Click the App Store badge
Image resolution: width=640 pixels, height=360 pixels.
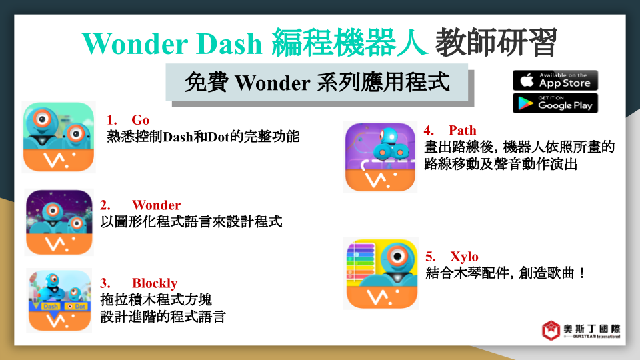coord(555,81)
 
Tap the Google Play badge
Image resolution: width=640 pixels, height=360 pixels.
coord(555,103)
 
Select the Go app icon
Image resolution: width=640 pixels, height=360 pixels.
coord(59,137)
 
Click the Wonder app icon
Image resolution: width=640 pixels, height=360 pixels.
coord(59,223)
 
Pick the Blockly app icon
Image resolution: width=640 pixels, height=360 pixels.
coord(59,301)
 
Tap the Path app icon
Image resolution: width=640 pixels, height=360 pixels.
coord(380,157)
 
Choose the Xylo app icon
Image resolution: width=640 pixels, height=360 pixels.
coord(381,274)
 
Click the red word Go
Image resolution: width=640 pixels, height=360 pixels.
coord(141,121)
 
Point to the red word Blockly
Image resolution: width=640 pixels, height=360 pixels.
coord(155,283)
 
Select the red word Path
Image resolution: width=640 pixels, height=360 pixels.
coord(463,130)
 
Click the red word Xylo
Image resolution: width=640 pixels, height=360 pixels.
coord(464,257)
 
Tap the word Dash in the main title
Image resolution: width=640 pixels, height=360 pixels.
coord(229,44)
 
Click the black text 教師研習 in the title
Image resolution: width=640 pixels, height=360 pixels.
coord(496,43)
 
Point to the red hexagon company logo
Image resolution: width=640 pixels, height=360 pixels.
coord(551,330)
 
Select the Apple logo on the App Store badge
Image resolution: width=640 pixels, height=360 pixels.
coord(527,80)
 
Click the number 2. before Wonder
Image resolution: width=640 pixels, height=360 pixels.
coord(105,205)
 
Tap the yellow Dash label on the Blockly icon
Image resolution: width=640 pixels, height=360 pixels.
coord(51,306)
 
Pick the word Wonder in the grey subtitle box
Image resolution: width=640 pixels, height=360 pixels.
coord(273,83)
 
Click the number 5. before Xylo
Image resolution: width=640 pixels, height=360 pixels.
coord(431,257)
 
